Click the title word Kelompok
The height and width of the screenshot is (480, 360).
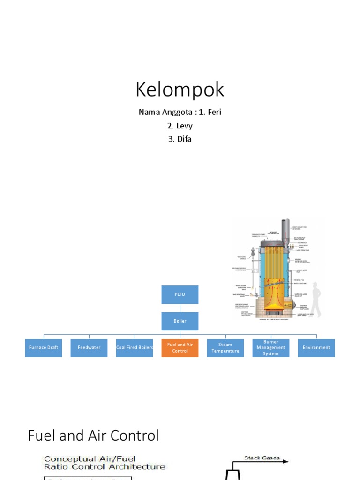pos(180,90)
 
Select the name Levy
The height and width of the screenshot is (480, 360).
pos(180,126)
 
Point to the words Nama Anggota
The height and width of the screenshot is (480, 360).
pos(159,112)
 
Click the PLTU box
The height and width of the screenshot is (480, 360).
pos(180,294)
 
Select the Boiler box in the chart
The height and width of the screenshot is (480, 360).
pos(180,321)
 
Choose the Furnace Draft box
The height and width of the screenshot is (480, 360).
pos(44,348)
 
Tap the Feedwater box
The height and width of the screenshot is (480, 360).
pos(89,348)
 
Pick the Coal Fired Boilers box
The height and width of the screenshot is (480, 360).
pos(135,348)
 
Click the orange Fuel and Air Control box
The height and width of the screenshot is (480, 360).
pos(180,348)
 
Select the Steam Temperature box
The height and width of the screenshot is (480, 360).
pos(225,348)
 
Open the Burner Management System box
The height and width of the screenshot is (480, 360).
pos(271,348)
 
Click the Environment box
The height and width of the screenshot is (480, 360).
pos(316,348)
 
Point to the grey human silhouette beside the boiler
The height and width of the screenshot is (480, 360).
pos(316,300)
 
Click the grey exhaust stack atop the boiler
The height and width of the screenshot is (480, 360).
pos(285,230)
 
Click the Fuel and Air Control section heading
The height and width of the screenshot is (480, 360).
pos(93,435)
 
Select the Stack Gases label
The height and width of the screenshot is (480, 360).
pos(262,458)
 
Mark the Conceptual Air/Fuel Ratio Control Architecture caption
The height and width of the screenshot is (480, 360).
pos(104,463)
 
